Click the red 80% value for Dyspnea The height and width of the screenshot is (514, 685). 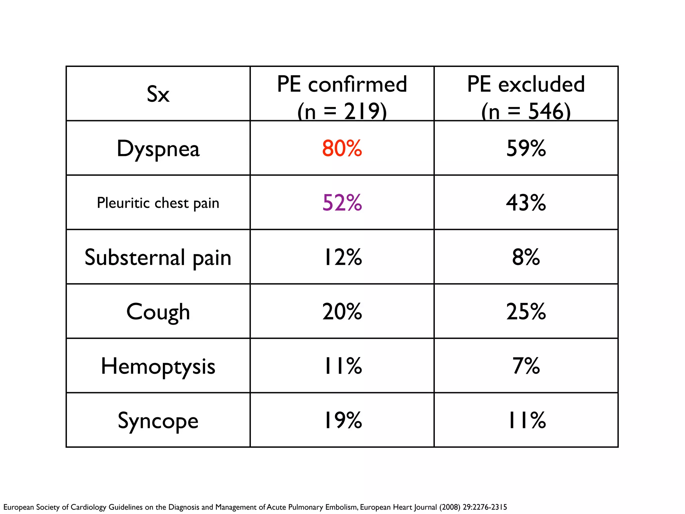tap(342, 148)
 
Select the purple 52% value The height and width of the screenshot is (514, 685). tap(342, 203)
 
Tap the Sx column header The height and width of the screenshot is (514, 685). tap(158, 94)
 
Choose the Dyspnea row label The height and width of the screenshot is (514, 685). tap(158, 149)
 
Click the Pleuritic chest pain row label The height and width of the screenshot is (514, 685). tap(158, 203)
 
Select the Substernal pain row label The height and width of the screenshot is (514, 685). tap(158, 258)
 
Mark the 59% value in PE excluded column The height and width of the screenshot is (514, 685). tap(526, 148)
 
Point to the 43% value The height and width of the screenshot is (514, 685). tap(526, 203)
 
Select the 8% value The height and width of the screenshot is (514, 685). tap(526, 257)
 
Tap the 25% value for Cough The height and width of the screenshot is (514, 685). tap(526, 312)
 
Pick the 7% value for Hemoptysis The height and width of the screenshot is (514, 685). tap(526, 366)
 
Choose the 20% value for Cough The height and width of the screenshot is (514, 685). tap(342, 312)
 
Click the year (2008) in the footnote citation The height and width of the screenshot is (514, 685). tap(450, 507)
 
